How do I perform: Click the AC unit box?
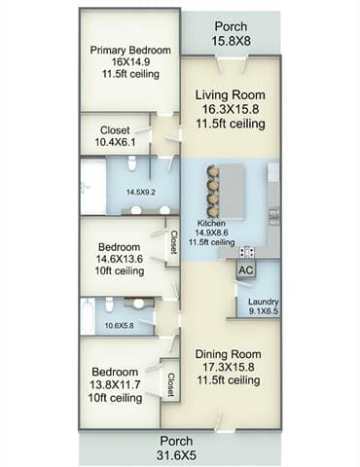point(246,269)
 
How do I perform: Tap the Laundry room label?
point(264,302)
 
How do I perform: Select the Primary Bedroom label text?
point(130,51)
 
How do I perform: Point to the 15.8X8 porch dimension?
point(232,41)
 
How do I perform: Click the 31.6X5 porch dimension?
point(176,455)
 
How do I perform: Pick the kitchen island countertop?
point(233,192)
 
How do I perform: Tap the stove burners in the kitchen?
point(247,252)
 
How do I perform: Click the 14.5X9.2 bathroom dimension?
point(141,192)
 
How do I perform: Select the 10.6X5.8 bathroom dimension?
point(120,325)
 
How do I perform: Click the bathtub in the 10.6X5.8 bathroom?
point(88,316)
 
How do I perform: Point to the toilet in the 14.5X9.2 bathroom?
point(132,163)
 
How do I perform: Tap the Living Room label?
point(231,95)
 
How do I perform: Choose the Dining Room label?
point(229,354)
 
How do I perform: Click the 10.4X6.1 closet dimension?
point(115,142)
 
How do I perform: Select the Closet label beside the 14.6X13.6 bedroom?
point(174,242)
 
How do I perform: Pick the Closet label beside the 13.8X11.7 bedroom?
point(170,384)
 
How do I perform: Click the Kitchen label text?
point(211,223)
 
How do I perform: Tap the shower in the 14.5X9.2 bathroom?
point(93,186)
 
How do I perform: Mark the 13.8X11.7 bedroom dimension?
point(116,384)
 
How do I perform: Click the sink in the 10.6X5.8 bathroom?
point(138,304)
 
